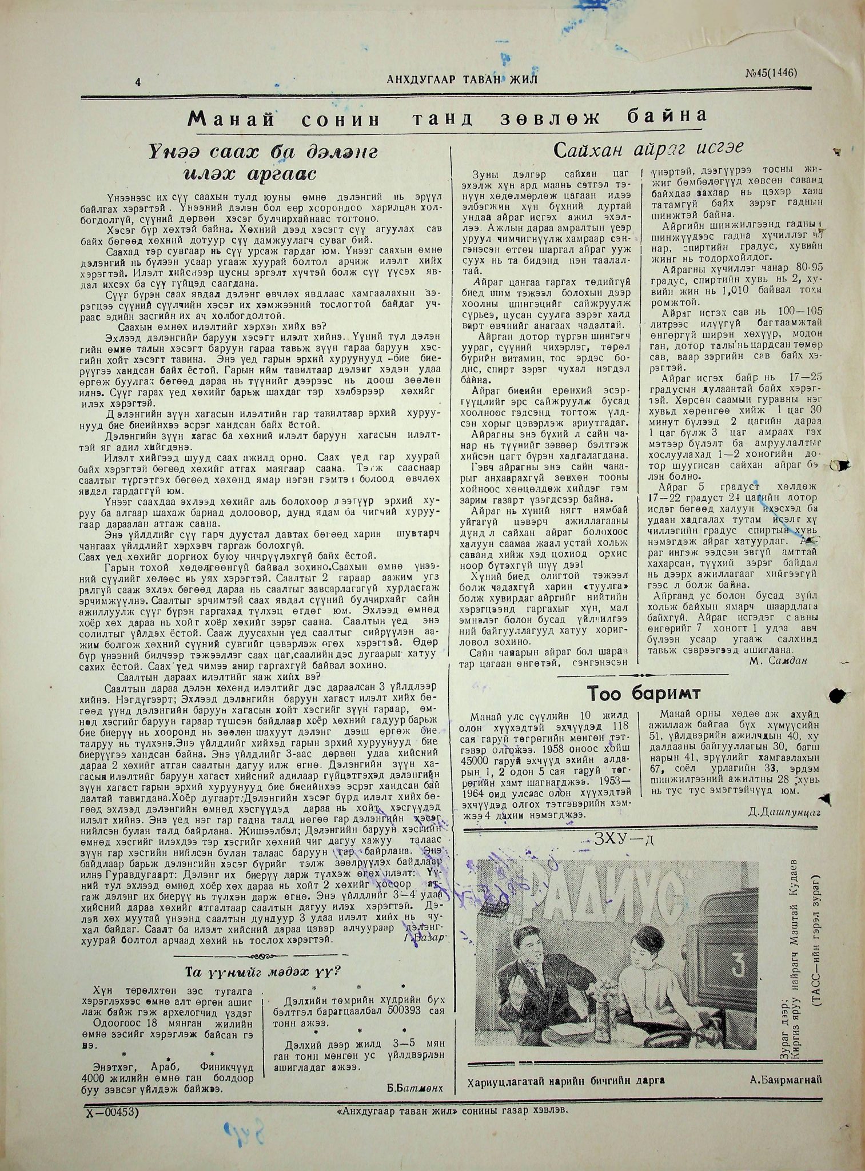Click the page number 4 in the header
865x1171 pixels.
tap(138, 81)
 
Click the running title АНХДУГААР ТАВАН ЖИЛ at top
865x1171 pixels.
tap(461, 79)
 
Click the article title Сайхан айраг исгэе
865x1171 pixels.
tap(648, 150)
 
